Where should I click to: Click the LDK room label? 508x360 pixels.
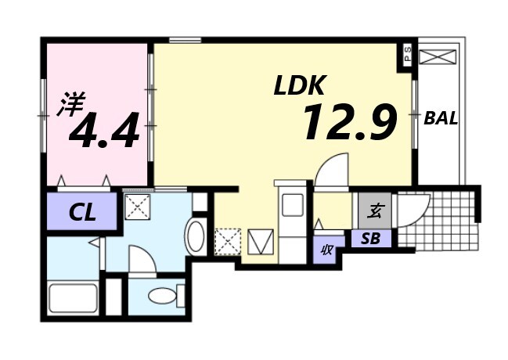point(299,85)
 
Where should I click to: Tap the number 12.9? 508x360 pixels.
point(350,121)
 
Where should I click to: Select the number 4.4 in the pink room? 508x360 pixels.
point(104,130)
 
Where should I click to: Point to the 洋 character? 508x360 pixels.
point(71,103)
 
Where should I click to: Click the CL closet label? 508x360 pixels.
point(82,213)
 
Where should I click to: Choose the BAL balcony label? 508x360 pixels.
point(441,118)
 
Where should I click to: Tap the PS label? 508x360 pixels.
point(408,55)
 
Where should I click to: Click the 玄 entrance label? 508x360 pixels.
point(375,211)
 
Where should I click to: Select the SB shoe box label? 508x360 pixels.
point(371,239)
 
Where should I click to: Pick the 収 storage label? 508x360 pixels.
point(326,250)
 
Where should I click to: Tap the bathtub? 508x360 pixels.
point(74,298)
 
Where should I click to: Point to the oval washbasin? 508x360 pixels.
point(195,236)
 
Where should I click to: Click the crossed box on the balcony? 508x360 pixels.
point(438,56)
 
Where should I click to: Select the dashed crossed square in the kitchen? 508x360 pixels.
point(228,242)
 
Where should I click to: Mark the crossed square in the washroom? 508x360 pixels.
point(138,207)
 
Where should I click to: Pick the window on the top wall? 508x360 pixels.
point(185,40)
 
